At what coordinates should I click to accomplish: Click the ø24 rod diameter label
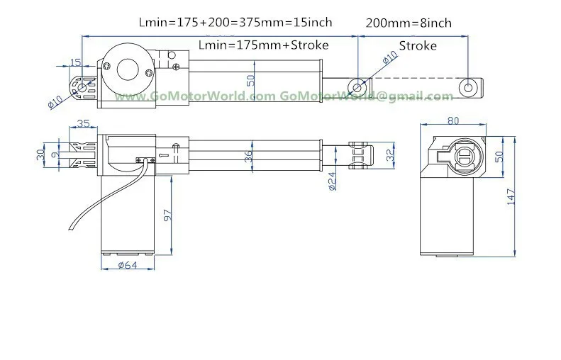(x=332, y=181)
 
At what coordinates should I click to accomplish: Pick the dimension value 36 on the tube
(x=248, y=157)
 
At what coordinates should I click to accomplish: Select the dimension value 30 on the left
(x=40, y=154)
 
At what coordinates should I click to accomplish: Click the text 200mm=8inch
(x=408, y=23)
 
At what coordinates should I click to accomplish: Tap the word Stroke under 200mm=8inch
(x=418, y=46)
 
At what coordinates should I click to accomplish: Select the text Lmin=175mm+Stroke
(x=263, y=45)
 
